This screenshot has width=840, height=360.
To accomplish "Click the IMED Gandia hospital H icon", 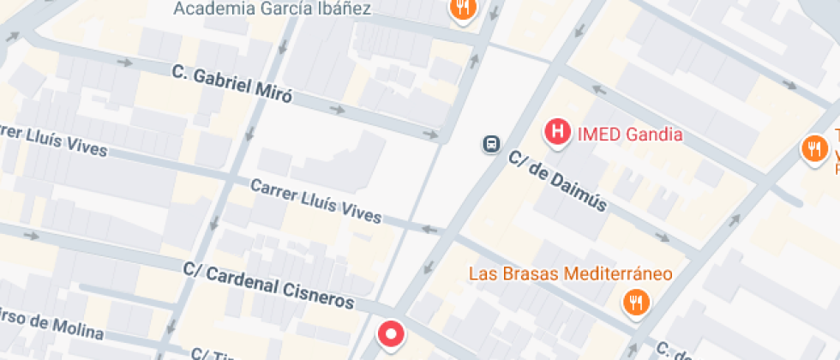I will click(557, 133).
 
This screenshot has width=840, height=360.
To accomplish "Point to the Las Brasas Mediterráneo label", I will click(570, 274).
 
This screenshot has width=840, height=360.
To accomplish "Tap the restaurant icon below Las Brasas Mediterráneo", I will click(635, 302).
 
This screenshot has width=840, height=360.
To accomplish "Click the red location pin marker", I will click(392, 333).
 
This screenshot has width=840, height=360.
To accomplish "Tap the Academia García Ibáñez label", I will click(272, 9).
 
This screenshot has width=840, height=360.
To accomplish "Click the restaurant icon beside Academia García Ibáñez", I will click(463, 9).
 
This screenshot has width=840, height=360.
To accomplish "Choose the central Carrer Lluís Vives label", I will click(315, 200).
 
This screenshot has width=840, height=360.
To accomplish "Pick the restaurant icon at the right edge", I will click(812, 149).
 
